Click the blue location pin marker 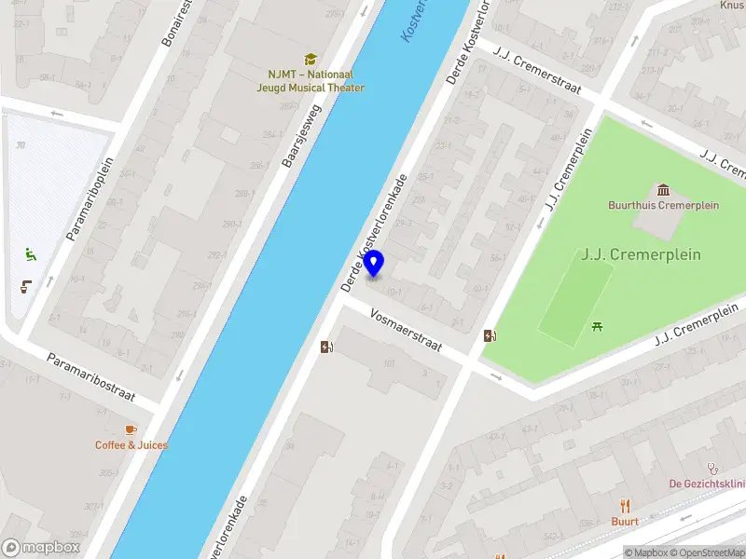[x=374, y=264]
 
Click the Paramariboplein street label [x=90, y=198]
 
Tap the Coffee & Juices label [x=131, y=445]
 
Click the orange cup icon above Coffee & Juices [x=131, y=429]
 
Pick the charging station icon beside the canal [x=326, y=347]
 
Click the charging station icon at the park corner [x=490, y=336]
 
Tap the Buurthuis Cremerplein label [x=663, y=205]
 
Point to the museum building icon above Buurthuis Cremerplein [x=663, y=190]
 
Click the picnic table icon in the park [x=597, y=326]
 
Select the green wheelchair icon [x=30, y=253]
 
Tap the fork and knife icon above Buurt [x=625, y=506]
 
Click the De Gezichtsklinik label [x=707, y=484]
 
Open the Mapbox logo [x=41, y=548]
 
